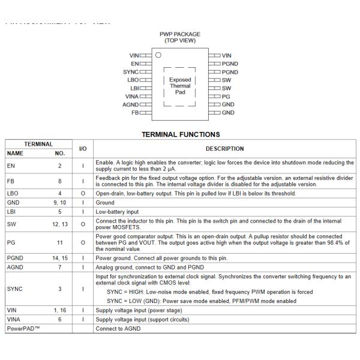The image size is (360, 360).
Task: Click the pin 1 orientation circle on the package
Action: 158,55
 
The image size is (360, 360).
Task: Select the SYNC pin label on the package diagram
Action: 130,72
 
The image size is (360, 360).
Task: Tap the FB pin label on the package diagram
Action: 135,113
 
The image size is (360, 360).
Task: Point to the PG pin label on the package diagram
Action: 226,96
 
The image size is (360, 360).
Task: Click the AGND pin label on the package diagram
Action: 130,104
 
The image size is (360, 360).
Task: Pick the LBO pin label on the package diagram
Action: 133,80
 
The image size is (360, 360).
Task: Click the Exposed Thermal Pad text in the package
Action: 180,86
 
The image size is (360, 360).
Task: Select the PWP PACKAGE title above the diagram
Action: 180,34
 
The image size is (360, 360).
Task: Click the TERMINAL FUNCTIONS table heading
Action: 180,134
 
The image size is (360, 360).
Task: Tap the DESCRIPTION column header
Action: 224,149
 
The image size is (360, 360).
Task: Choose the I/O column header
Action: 83,148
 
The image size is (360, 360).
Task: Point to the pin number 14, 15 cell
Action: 60,257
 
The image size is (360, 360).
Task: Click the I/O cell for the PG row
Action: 83,241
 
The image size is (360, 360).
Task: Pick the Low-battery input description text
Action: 120,211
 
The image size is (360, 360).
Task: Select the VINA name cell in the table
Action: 13,319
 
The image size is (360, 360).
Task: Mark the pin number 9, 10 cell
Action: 60,203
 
